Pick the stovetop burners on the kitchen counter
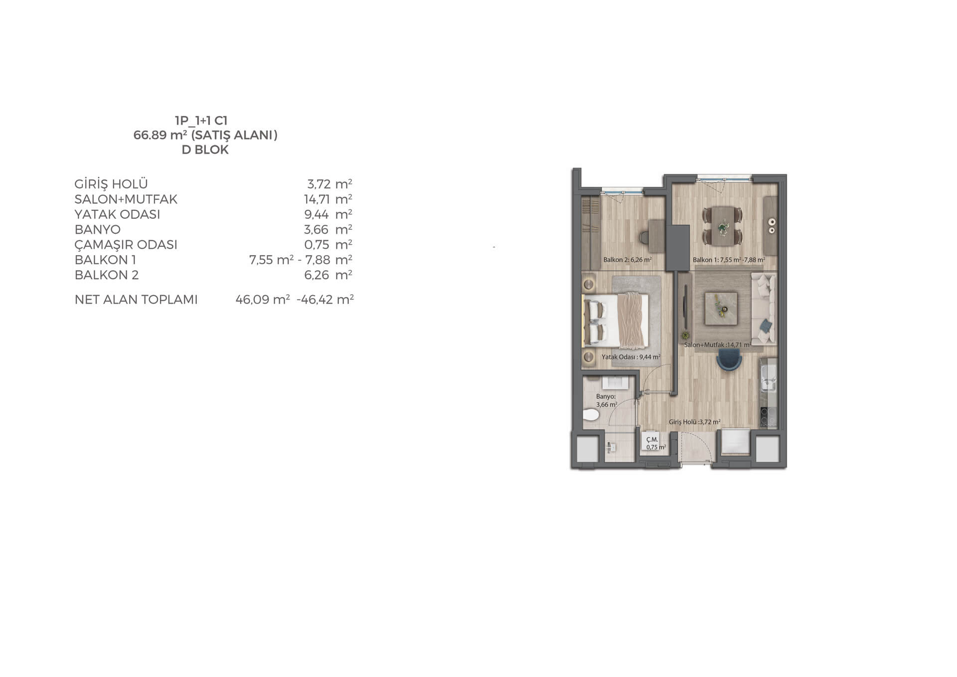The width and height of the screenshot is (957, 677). click(768, 417)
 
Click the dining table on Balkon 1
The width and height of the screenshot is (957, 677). click(722, 226)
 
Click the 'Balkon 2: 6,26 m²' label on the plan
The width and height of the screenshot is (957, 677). click(628, 260)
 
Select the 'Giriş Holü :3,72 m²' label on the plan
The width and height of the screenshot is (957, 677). click(694, 422)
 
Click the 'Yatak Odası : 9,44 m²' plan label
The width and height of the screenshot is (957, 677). click(631, 357)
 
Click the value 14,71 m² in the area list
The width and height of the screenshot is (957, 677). click(328, 199)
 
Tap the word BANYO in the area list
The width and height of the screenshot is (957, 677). click(98, 229)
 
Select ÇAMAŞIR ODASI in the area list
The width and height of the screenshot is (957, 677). click(126, 245)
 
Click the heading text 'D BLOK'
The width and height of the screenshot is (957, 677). click(205, 150)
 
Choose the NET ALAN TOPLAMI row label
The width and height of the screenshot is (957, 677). click(136, 299)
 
